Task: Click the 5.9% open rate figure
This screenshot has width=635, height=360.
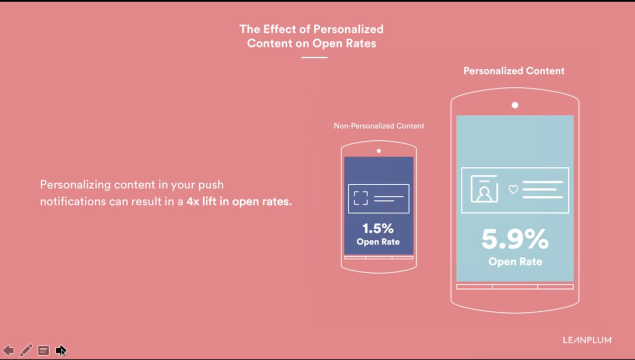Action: point(515,240)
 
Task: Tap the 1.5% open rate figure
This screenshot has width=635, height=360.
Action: point(378,229)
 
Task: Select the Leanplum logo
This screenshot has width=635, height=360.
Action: point(587,340)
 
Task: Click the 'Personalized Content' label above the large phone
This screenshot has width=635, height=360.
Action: point(514,71)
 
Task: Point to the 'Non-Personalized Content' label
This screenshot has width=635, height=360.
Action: point(379,126)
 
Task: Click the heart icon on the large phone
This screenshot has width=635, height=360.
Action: point(513,189)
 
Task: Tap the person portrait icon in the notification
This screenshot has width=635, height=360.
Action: point(484,190)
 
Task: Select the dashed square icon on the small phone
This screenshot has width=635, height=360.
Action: point(360,199)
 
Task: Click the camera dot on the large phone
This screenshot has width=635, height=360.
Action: point(515,105)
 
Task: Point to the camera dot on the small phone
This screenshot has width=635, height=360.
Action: point(379,151)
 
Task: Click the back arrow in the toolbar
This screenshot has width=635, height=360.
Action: point(8,350)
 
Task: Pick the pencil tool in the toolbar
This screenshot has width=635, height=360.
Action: point(25,350)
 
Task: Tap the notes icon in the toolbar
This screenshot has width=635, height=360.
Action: point(44,350)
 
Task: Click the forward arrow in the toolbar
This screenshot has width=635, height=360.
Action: point(61,350)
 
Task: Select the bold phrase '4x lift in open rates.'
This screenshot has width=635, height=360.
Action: point(239,201)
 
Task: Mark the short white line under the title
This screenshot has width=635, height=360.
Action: point(314,57)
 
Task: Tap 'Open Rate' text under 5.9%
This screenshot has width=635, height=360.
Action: point(515,262)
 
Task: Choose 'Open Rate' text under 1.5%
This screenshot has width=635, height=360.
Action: point(378,242)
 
